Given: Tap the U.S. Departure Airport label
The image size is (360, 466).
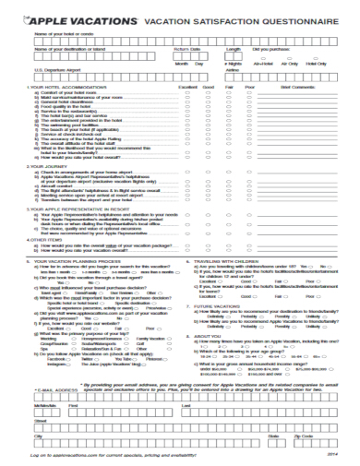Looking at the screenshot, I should pos(54,68).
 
